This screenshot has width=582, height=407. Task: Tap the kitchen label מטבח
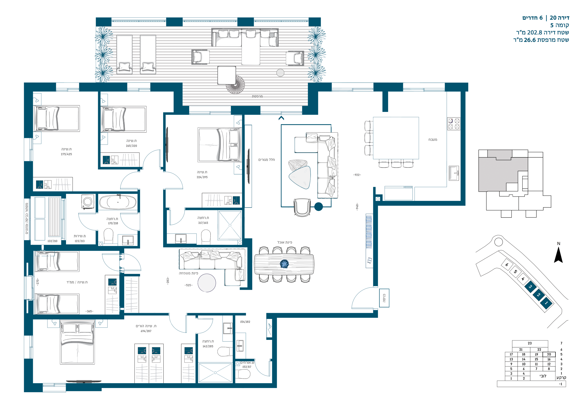tap(433, 140)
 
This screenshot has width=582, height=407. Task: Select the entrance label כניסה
tap(384, 298)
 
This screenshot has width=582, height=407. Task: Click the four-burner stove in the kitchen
tap(454, 124)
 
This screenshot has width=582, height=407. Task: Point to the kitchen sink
tap(454, 173)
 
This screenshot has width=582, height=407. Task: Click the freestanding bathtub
tap(118, 202)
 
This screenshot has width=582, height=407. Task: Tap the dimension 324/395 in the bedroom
tap(202, 177)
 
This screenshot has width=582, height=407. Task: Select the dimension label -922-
tap(357, 175)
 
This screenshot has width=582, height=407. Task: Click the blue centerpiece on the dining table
tap(284, 264)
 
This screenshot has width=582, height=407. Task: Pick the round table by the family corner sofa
tap(207, 283)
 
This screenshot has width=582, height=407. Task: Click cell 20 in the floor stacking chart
tap(549, 354)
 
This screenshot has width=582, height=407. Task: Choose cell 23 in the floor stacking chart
tap(530, 343)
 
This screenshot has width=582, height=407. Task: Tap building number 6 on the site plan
tap(507, 265)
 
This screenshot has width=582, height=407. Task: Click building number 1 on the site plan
tap(546, 303)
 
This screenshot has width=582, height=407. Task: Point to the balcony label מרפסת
tap(257, 96)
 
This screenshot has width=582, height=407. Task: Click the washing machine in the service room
tap(88, 202)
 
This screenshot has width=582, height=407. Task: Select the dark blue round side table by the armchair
tap(318, 207)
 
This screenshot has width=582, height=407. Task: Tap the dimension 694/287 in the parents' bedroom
tap(146, 331)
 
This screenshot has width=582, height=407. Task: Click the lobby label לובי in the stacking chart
tap(543, 376)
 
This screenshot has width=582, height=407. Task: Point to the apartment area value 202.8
tap(534, 32)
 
